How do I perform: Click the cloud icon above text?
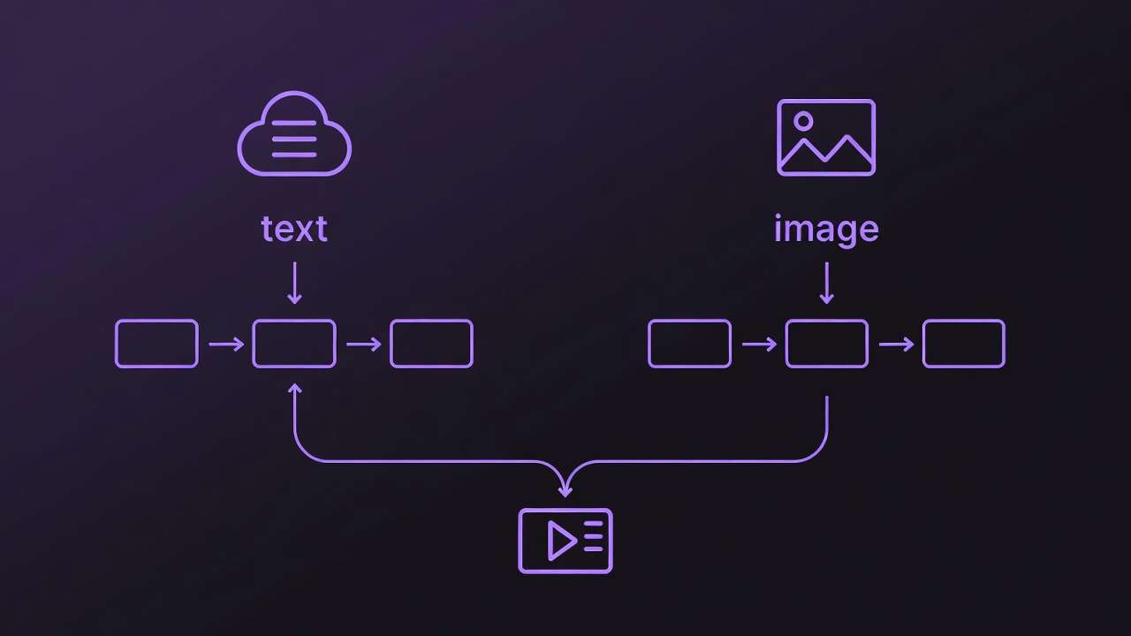[x=294, y=134]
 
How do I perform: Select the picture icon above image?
[x=826, y=137]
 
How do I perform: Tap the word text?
[x=294, y=229]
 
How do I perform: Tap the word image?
[x=826, y=230]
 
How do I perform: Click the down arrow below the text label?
[x=294, y=283]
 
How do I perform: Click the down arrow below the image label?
[x=826, y=283]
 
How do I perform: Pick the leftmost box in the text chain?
[x=156, y=344]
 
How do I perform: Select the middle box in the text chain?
[x=294, y=344]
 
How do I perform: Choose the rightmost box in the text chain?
[x=431, y=344]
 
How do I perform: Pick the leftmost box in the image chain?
[x=689, y=344]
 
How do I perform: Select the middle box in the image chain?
[x=826, y=344]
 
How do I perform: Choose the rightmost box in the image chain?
[x=963, y=344]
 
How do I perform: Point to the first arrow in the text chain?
[x=226, y=344]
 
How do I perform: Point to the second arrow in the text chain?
[x=363, y=344]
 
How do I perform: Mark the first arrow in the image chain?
[x=759, y=344]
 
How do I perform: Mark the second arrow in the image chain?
[x=896, y=344]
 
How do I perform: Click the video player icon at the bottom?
[x=565, y=541]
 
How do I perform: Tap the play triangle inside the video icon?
[x=560, y=541]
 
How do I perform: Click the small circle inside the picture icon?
[x=803, y=121]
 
